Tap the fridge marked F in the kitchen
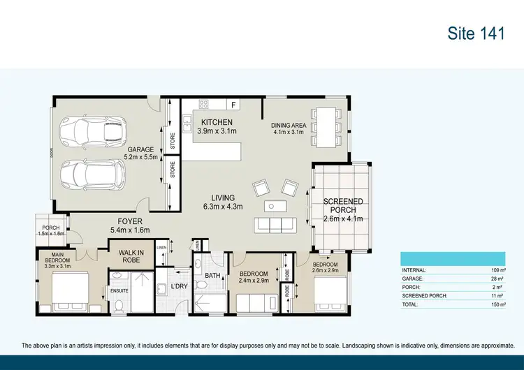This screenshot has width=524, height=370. click(x=233, y=105)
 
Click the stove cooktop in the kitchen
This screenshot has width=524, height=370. click(x=204, y=105)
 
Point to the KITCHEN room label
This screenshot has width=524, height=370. click(x=217, y=123)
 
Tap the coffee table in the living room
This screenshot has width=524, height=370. click(x=272, y=206)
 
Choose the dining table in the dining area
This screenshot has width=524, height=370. click(x=323, y=126)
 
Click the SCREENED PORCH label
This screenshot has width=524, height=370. click(x=342, y=206)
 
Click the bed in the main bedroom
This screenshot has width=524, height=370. click(x=68, y=290)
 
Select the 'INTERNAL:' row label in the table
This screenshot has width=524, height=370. click(x=414, y=269)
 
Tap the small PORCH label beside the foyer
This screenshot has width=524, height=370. click(x=50, y=228)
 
